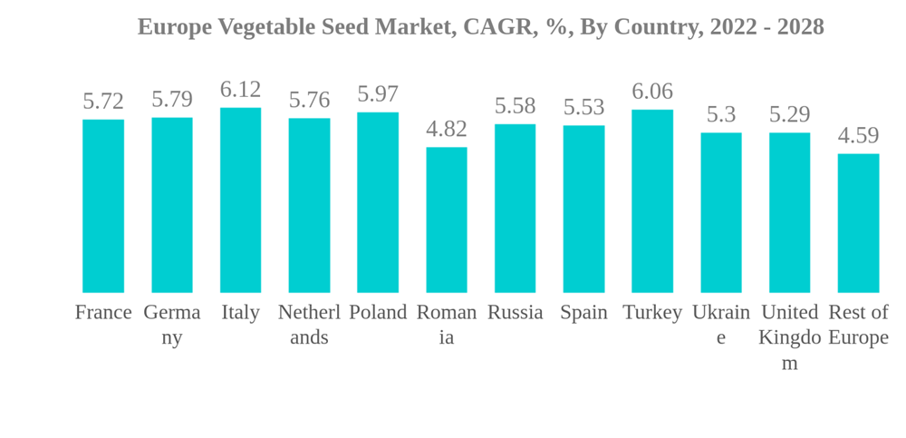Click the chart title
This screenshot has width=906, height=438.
point(480,27)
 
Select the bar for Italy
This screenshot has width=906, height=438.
point(240,200)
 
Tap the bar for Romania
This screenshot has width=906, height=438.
point(447,219)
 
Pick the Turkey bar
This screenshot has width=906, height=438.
point(652,201)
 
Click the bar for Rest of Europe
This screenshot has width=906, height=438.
point(858,223)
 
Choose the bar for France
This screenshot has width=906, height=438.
point(103,206)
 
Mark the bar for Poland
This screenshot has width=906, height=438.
point(378,202)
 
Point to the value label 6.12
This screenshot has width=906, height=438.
point(240,90)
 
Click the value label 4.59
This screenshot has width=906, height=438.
point(858,136)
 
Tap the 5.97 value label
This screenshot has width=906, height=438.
point(378,94)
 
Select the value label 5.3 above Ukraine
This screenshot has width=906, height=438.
point(721,115)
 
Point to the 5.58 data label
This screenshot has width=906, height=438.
point(515,106)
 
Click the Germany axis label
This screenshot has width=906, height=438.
point(172,325)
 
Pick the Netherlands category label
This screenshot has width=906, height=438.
point(309,325)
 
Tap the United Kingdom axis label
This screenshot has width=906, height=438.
point(790,337)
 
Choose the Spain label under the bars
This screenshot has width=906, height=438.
point(583,313)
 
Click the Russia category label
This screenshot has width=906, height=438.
point(515,313)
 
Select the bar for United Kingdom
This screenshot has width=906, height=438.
point(790,212)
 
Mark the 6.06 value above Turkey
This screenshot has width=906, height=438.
point(652,92)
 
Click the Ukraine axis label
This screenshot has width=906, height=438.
point(721,325)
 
